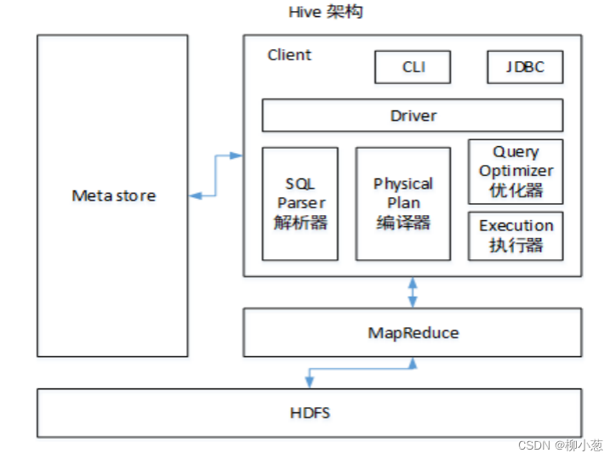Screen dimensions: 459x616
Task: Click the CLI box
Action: tap(414, 67)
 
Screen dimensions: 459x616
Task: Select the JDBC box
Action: tap(525, 67)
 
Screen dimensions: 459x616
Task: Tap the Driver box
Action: tap(413, 116)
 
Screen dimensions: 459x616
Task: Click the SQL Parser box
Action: tap(300, 204)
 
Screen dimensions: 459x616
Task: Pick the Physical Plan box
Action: tap(402, 204)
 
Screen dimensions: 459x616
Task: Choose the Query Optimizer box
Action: tap(516, 171)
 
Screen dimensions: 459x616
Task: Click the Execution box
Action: tap(516, 236)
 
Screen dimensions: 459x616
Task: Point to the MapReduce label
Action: tap(413, 332)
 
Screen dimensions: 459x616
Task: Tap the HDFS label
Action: tap(310, 413)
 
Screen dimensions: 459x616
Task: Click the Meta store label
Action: tap(113, 195)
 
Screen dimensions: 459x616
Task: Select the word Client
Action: tap(289, 55)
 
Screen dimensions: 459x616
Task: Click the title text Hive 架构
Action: tap(319, 14)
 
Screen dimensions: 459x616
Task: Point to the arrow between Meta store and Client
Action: tap(216, 176)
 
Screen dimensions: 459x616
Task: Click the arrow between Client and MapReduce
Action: tap(413, 292)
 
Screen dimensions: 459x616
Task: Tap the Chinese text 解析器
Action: tap(300, 224)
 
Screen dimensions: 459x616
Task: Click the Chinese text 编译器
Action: tap(402, 223)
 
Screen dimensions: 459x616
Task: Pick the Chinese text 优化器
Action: tap(516, 190)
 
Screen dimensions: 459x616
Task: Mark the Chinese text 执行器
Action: tap(516, 246)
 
